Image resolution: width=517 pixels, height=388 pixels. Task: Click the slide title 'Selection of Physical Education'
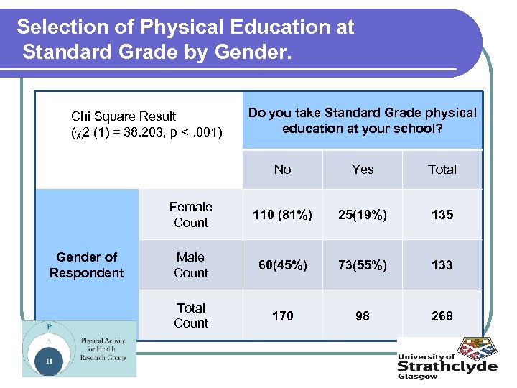185,40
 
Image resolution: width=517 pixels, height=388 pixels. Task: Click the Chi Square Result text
146,124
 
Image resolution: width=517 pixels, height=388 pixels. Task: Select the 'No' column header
282,170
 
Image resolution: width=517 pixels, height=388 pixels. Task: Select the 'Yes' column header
363,170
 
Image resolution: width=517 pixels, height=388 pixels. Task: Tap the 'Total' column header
442,170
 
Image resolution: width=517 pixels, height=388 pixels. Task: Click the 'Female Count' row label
191,215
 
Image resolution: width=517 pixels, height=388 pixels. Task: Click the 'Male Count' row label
191,265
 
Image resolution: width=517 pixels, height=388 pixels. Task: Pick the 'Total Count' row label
191,315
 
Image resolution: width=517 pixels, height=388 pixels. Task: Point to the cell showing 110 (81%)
282,215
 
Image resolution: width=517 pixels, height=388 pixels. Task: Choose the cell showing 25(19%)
363,215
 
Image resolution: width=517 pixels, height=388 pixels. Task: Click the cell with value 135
442,215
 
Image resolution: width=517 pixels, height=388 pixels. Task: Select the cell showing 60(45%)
282,265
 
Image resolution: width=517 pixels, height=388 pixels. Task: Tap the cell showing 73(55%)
363,265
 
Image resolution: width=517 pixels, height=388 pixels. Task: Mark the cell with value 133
442,265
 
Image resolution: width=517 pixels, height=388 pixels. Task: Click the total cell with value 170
282,315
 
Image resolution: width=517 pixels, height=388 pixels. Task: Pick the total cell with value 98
363,315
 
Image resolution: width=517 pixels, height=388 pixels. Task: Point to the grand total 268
442,315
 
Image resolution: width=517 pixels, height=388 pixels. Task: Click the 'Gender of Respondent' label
86,265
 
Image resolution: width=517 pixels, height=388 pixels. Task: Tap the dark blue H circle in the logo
49,361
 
